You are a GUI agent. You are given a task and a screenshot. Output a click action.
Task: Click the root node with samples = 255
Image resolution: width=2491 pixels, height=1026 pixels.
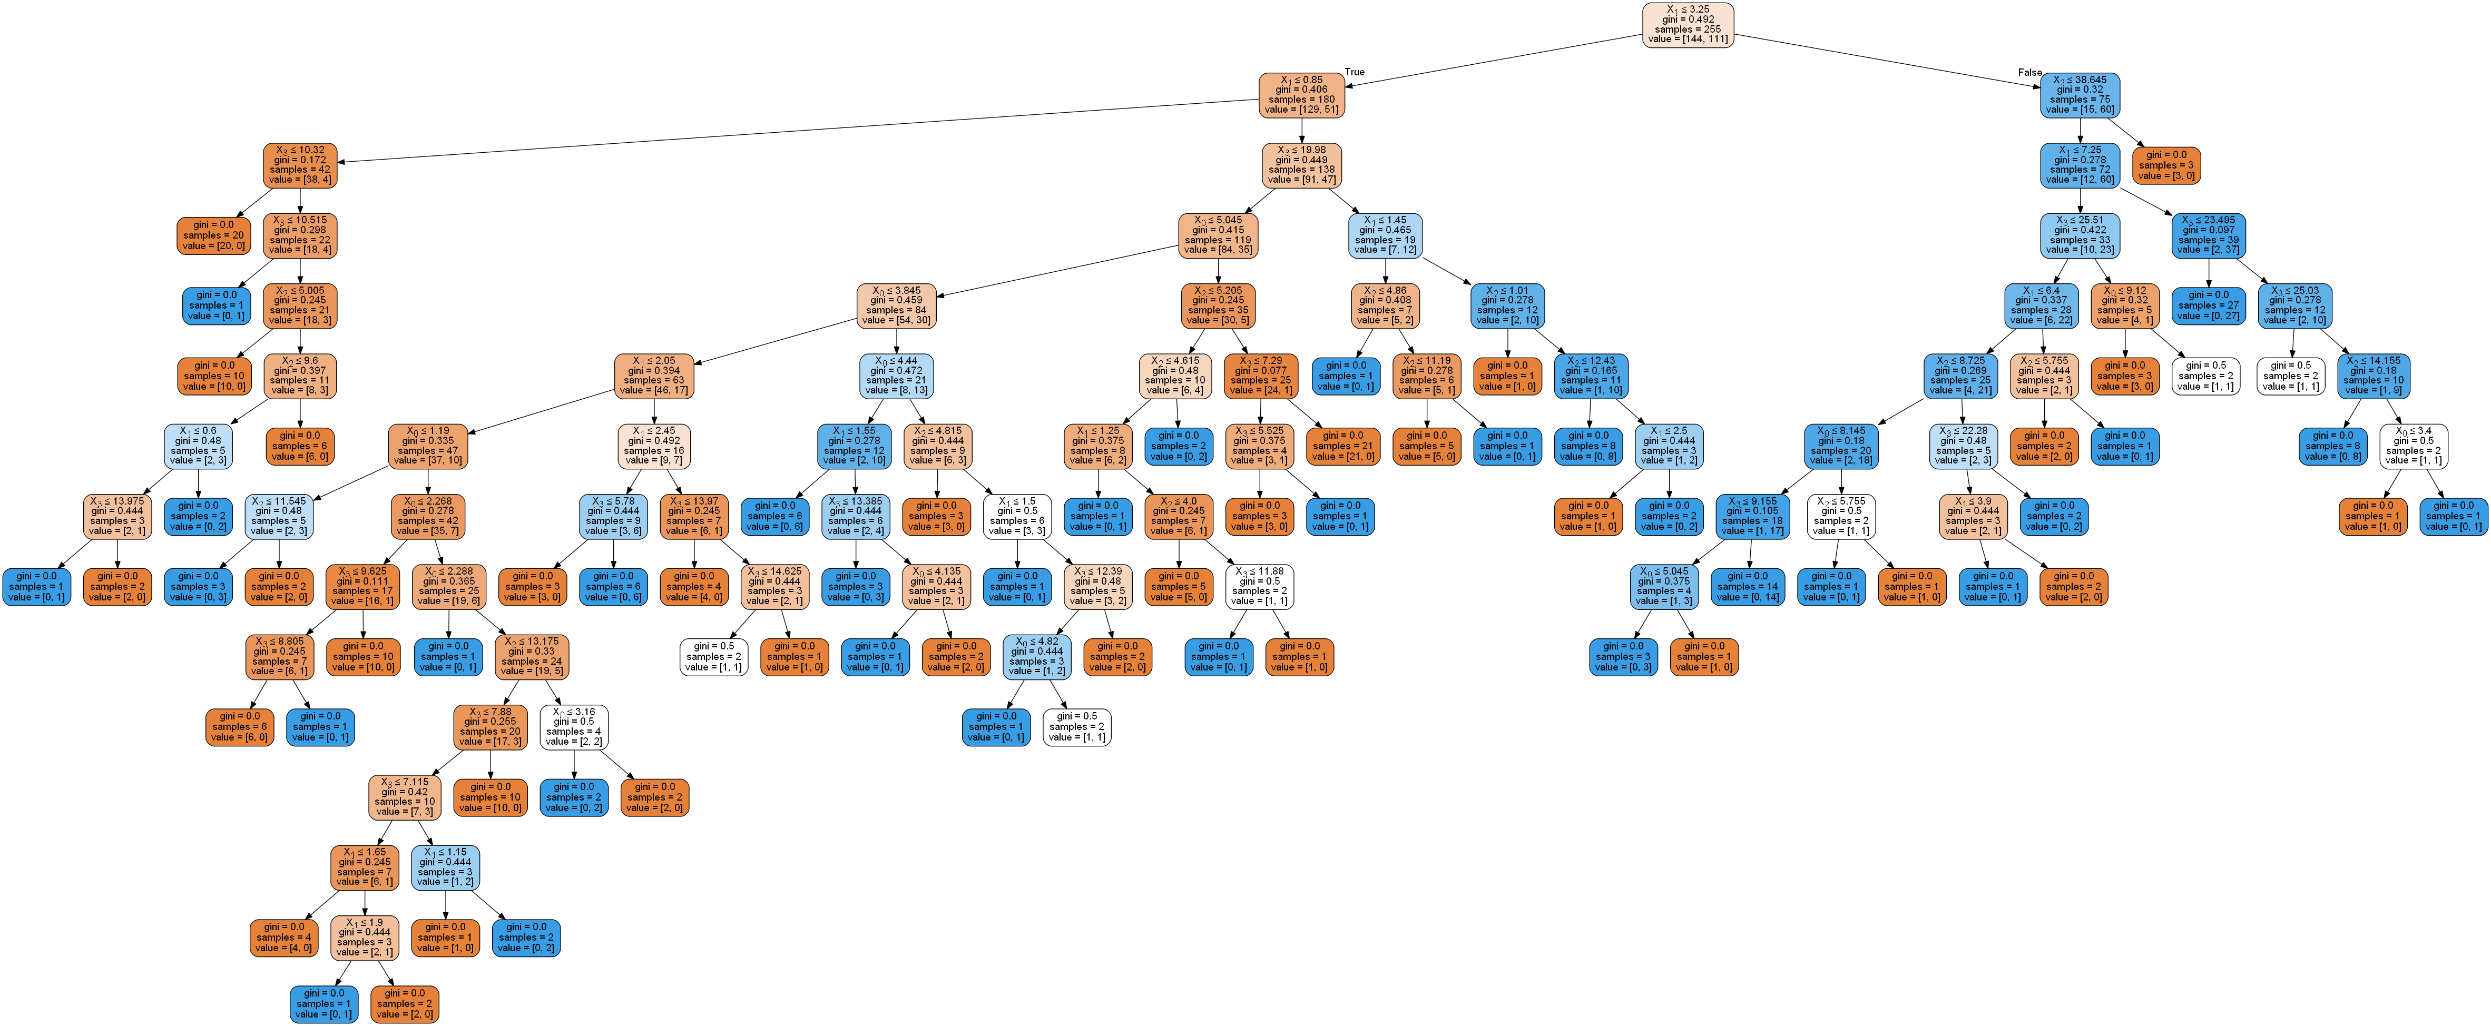coord(1688,24)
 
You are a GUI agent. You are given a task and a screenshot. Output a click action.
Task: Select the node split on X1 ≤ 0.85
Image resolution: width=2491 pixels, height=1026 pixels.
coord(1301,95)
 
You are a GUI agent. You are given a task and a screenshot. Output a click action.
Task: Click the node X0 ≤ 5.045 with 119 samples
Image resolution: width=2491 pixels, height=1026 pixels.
coord(1218,235)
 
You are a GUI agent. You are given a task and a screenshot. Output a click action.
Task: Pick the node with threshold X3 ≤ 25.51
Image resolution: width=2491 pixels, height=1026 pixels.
coord(2080,235)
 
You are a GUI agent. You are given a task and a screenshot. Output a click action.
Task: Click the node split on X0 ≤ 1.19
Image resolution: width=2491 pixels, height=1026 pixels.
coord(427,446)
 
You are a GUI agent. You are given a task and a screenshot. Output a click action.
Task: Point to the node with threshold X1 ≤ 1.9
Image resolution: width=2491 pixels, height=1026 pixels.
coord(365,937)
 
